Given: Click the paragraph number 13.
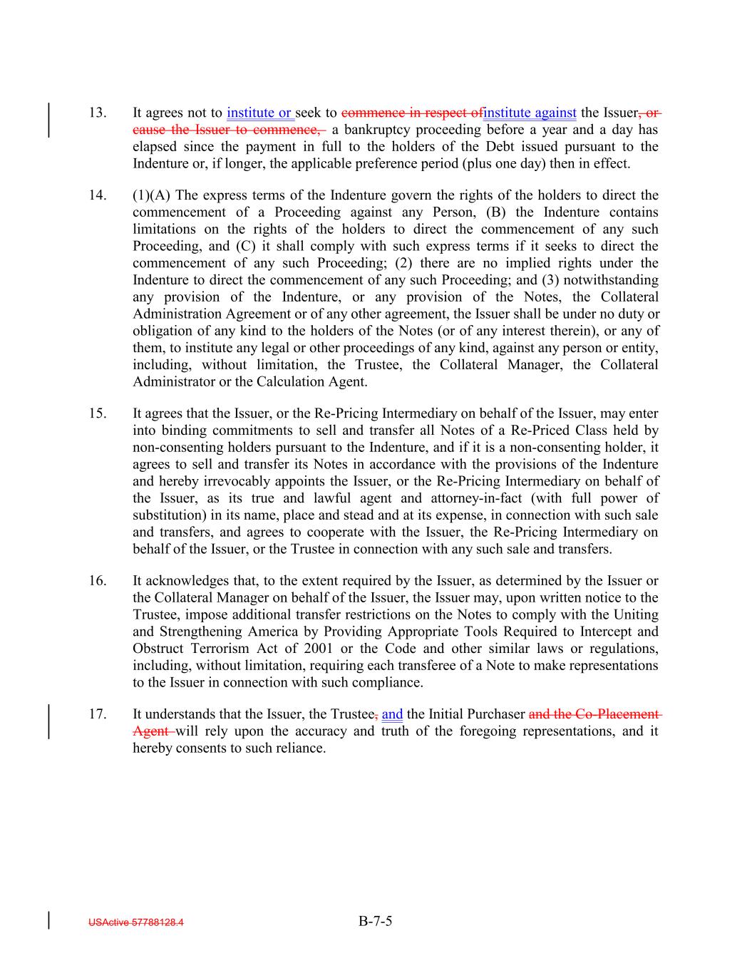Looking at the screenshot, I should (x=98, y=113).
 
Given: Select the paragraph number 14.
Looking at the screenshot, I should (x=98, y=195).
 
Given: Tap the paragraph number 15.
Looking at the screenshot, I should (x=98, y=413).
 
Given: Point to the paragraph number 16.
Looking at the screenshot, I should (x=98, y=581).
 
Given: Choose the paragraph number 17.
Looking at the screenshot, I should (x=98, y=714).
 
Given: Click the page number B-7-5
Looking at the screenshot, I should (x=376, y=921).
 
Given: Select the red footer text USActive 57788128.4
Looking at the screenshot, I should (x=136, y=922).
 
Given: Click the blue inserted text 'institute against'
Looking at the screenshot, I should (x=530, y=113).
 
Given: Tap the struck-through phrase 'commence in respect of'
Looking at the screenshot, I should (x=411, y=113).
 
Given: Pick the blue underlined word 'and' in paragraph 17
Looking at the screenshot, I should (x=392, y=714).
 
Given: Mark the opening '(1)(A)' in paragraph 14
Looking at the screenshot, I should (x=152, y=195).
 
